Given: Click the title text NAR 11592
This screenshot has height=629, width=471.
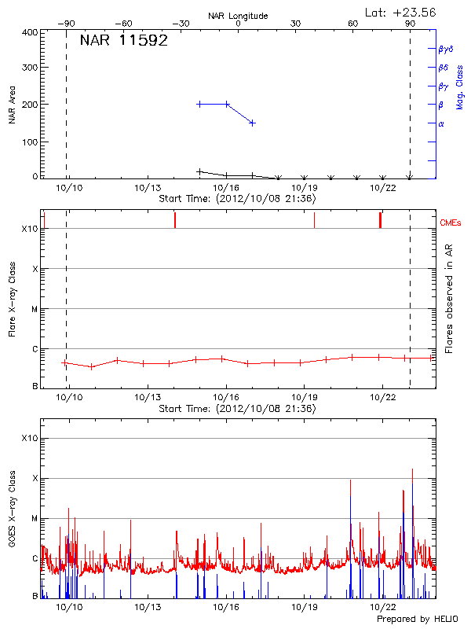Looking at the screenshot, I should (123, 41).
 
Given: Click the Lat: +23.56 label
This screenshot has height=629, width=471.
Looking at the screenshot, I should (401, 12).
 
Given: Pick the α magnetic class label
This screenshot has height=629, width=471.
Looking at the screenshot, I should (441, 123).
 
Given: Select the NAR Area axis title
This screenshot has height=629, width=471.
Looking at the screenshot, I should (12, 105).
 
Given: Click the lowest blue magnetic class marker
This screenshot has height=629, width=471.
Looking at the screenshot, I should (252, 123).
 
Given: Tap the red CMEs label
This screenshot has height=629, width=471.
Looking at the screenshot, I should (451, 223).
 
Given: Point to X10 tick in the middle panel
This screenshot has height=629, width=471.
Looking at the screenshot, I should (30, 229).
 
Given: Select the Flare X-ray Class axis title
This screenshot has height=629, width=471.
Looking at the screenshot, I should (12, 299).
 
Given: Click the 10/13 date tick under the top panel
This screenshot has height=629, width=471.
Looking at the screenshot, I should (148, 188).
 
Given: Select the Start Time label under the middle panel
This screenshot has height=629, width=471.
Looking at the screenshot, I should (237, 409).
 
